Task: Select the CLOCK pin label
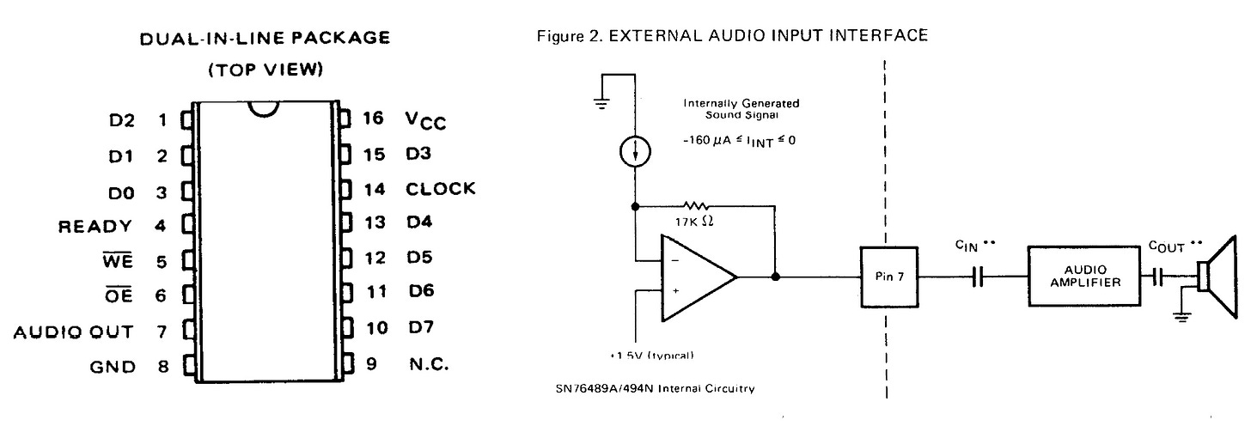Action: [441, 189]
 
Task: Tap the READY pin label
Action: [95, 227]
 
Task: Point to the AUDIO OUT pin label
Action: [73, 332]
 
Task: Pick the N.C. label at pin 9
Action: [428, 364]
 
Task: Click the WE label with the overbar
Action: [119, 262]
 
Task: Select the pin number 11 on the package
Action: [375, 292]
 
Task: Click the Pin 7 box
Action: [889, 277]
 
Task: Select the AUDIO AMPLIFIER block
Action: [1084, 277]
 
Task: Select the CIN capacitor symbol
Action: [977, 277]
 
